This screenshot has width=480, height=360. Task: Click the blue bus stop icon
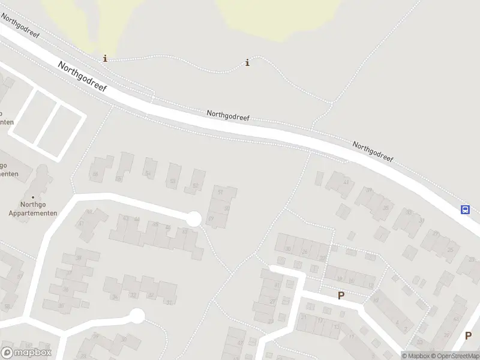(465, 209)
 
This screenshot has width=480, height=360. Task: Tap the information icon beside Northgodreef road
(106, 58)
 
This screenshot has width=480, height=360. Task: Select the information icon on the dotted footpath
(247, 62)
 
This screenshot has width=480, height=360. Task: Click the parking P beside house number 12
(341, 295)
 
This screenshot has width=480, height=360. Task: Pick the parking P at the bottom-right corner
(467, 336)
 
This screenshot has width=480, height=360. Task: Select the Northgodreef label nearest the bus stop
(373, 152)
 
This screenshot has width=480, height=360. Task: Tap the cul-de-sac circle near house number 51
(193, 219)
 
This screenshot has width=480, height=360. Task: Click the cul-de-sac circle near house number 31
(137, 316)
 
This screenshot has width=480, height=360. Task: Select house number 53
(173, 181)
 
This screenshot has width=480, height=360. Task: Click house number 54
(148, 174)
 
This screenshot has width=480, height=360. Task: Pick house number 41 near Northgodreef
(346, 182)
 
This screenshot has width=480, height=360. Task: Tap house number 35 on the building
(386, 208)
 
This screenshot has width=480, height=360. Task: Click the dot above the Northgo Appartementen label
(32, 197)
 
